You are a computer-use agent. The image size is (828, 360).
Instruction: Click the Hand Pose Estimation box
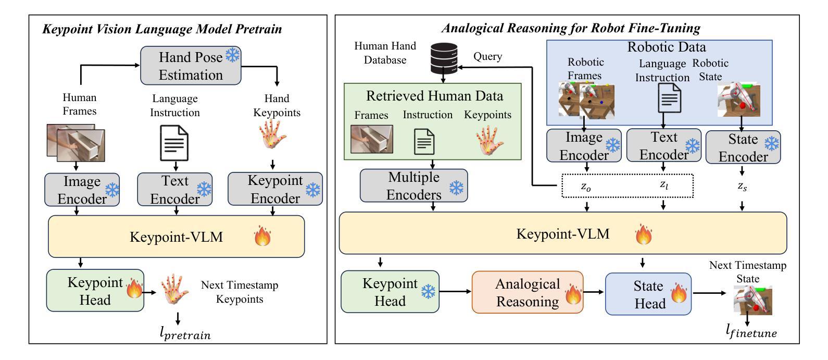(191, 66)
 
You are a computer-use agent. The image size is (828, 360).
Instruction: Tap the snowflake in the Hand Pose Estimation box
(232, 55)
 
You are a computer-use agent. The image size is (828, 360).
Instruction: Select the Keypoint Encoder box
(275, 189)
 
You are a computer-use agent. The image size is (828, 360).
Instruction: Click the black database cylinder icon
(444, 58)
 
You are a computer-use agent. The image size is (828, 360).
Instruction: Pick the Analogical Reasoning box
(528, 292)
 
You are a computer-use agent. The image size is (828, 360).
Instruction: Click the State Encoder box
(743, 147)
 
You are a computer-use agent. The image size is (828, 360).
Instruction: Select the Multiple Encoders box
(413, 186)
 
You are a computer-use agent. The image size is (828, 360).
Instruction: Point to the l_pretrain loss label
(185, 333)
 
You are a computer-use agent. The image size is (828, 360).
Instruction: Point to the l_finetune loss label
(751, 331)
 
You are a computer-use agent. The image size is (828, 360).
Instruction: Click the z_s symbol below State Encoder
(742, 187)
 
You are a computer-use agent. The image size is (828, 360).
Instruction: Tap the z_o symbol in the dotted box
(586, 187)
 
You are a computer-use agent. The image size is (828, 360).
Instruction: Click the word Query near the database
(487, 56)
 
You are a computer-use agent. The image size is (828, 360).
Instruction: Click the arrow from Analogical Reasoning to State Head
(593, 292)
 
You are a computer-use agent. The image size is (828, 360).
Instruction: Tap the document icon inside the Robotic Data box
(669, 97)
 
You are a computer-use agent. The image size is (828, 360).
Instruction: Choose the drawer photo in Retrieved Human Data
(371, 139)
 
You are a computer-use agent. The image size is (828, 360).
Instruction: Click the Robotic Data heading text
(667, 47)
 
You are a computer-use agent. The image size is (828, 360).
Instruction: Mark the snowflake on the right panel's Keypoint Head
(428, 292)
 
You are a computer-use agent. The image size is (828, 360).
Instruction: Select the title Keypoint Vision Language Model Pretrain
(162, 29)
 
